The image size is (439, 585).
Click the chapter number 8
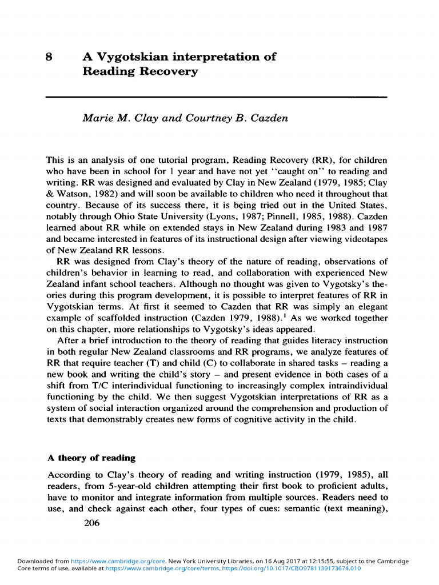pos(50,57)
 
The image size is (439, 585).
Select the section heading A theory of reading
pos(91,458)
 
